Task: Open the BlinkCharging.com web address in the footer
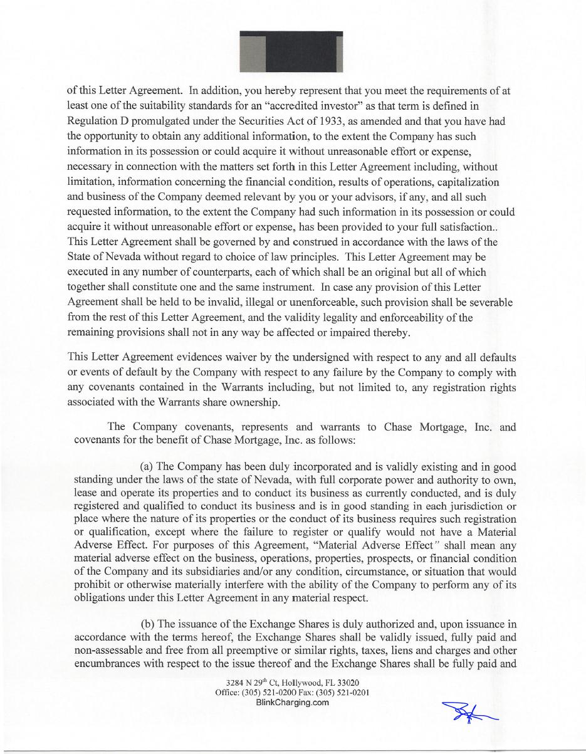293,703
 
